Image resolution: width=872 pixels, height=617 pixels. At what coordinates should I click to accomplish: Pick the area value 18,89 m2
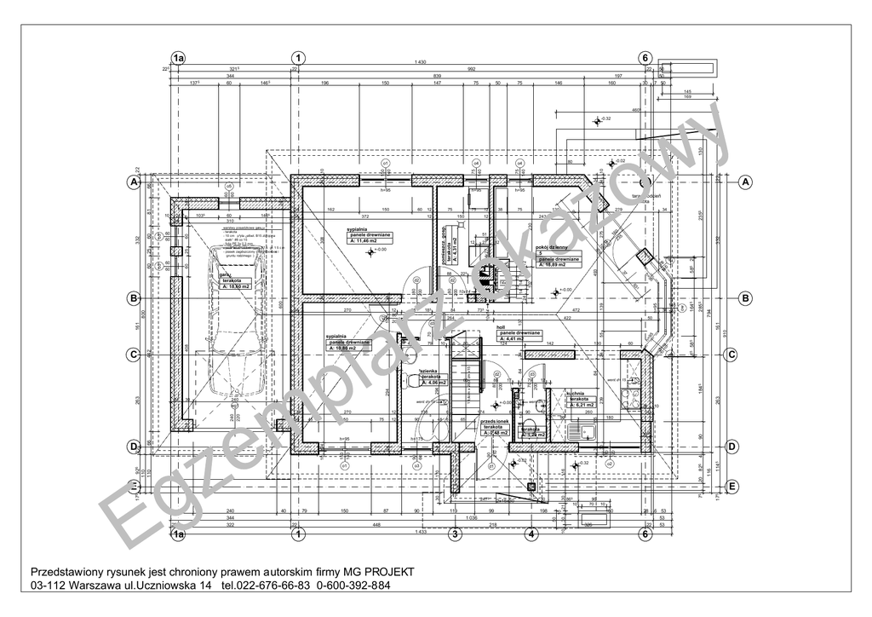tap(559, 265)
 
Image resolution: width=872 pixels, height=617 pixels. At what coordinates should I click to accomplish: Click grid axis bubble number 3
tap(455, 535)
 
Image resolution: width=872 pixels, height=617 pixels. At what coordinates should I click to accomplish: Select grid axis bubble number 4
tap(531, 535)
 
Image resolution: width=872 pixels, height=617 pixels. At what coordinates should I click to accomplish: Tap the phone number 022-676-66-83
tap(267, 586)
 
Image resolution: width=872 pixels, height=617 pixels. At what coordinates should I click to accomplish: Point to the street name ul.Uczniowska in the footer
tap(151, 586)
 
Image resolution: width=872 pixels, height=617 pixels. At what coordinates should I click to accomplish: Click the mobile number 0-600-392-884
tap(353, 586)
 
